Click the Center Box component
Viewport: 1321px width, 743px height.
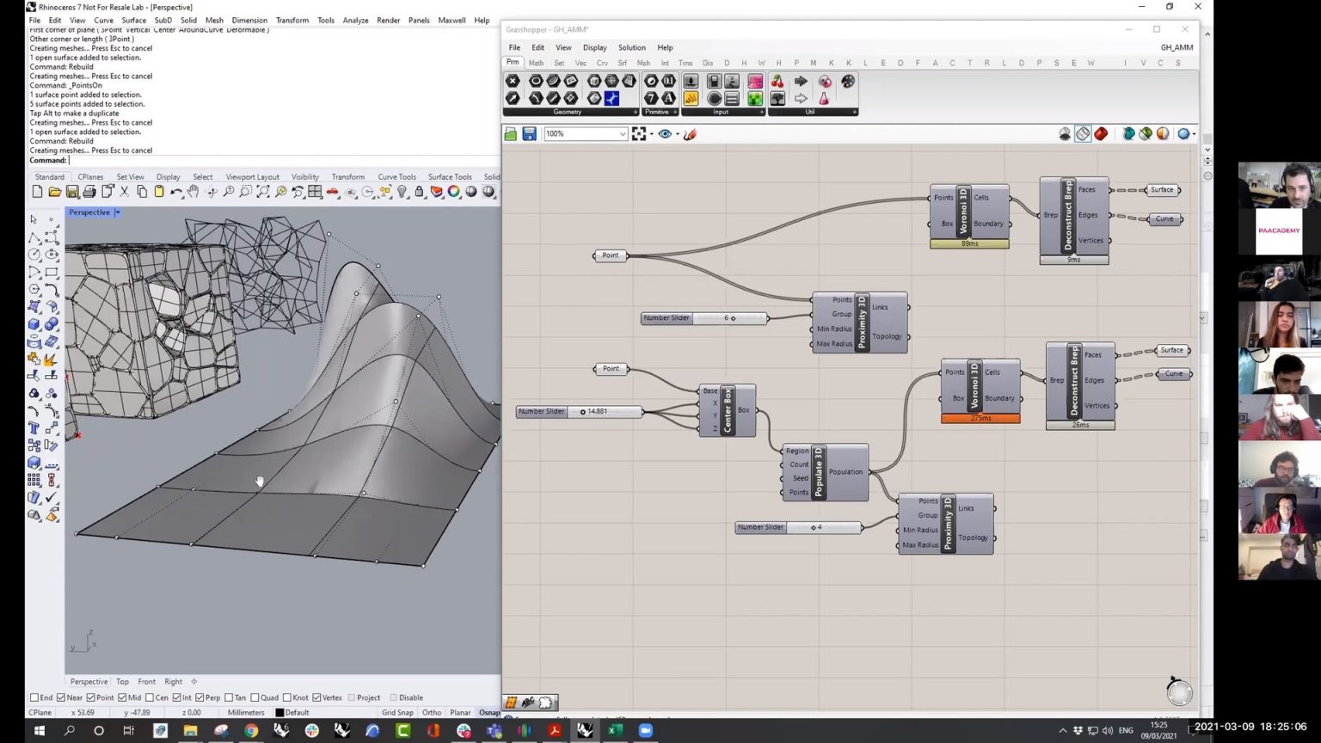[728, 410]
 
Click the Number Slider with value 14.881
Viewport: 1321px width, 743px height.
[579, 412]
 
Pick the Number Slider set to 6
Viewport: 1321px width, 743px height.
[704, 318]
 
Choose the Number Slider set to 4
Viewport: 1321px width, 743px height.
[797, 527]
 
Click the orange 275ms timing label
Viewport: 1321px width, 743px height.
[980, 418]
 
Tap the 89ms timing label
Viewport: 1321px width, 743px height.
[969, 244]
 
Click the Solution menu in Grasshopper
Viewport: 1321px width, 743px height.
[631, 48]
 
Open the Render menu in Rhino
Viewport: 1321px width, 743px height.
[388, 21]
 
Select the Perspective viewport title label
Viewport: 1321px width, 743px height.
[89, 212]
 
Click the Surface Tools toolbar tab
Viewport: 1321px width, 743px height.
[450, 177]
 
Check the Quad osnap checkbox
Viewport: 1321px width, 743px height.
[255, 697]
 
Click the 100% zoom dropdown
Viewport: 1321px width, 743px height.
[585, 134]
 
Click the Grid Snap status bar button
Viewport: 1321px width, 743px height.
[397, 712]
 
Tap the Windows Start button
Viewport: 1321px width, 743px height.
[39, 730]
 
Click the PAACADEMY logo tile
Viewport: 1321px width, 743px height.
[1279, 230]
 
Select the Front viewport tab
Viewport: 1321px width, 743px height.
[147, 681]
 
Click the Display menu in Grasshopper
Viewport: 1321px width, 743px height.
[594, 48]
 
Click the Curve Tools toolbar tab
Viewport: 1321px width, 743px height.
[396, 177]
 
